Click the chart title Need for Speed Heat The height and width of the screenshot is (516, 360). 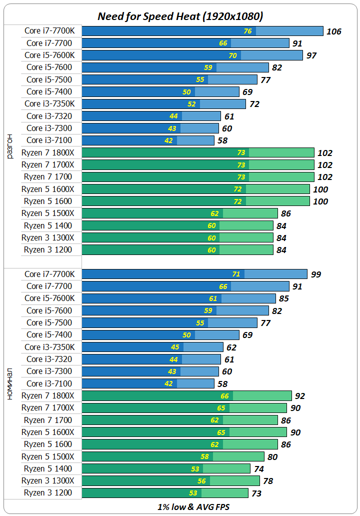[180, 16]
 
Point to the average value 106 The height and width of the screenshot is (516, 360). [333, 31]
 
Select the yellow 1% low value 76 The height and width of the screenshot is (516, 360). [247, 31]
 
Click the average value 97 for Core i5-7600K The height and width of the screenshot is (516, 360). [311, 55]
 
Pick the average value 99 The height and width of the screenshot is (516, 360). [315, 274]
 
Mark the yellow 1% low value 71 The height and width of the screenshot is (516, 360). [236, 274]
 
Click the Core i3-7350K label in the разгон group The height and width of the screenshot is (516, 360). [50, 104]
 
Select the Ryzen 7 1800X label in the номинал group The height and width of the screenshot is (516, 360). [48, 395]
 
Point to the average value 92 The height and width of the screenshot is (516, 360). [299, 396]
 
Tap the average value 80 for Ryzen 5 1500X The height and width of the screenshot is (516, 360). [272, 456]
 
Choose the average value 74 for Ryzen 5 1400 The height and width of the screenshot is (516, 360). [258, 469]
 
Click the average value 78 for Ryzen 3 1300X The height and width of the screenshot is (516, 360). [268, 481]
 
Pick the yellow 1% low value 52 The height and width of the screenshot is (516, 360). [191, 104]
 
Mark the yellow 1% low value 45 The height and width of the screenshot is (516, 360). [175, 347]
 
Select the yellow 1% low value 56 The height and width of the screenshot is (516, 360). [201, 481]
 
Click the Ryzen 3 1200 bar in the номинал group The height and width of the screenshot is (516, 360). [165, 493]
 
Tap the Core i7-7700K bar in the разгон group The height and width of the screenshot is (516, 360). [202, 31]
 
